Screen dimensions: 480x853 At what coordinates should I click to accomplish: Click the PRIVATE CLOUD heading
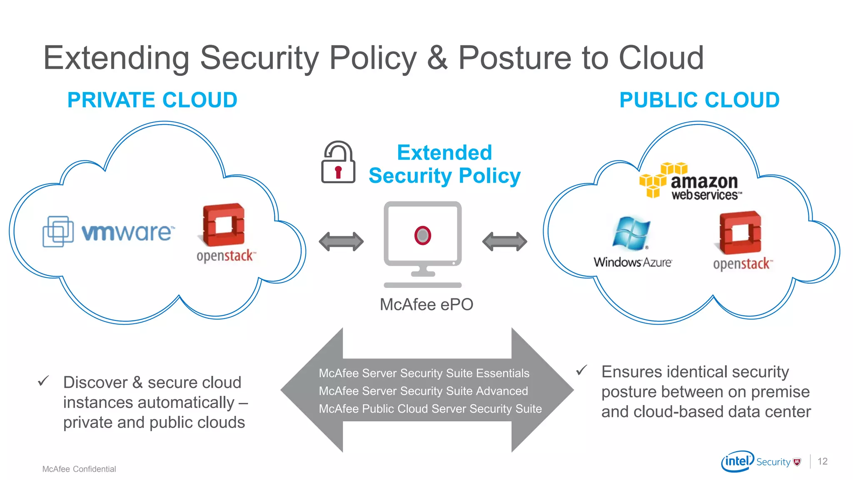coord(152,100)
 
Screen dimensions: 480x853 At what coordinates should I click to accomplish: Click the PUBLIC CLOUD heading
coord(699,100)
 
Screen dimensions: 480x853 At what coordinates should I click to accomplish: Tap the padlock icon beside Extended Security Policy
coord(338,163)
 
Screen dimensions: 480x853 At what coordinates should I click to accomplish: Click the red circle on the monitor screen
coord(422,235)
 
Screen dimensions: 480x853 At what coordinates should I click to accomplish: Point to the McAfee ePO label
coord(426,305)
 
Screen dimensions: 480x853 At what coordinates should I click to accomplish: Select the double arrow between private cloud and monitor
coord(341,242)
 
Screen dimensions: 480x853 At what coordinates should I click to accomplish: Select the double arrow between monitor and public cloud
coord(504,242)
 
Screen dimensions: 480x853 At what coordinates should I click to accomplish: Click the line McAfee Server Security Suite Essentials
coord(424,373)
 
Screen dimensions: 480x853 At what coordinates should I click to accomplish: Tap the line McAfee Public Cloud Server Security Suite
coord(430,409)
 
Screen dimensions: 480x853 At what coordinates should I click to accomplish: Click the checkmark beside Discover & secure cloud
coord(43,381)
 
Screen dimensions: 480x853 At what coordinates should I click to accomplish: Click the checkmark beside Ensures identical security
coord(581,370)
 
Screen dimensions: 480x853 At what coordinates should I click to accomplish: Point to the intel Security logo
coord(761,461)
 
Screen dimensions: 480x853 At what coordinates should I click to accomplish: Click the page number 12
coord(822,461)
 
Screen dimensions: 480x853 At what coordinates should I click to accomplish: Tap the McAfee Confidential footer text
coord(79,469)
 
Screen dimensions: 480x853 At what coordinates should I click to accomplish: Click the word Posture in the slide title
coord(514,58)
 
